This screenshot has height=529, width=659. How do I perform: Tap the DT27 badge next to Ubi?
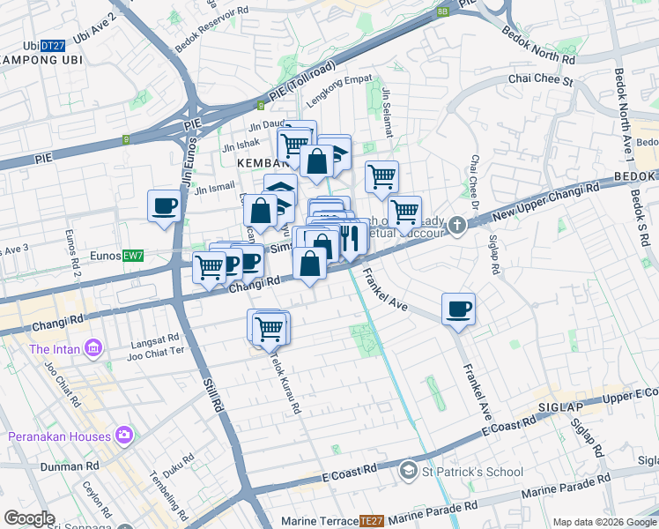pos(54,46)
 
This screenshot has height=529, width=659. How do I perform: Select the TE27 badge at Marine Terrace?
pos(372,522)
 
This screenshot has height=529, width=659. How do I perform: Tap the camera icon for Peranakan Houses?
pos(123,436)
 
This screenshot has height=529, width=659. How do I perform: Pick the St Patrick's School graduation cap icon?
pos(408,472)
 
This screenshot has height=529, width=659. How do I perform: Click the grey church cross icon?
pos(456,225)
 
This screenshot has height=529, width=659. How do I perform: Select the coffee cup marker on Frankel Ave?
pos(458,309)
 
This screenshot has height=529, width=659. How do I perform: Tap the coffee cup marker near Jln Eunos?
pos(165,206)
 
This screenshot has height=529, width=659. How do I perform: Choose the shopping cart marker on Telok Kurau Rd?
pos(269,329)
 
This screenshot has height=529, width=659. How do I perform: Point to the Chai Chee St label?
pos(541,81)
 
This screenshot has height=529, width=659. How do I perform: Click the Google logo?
pos(30,518)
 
